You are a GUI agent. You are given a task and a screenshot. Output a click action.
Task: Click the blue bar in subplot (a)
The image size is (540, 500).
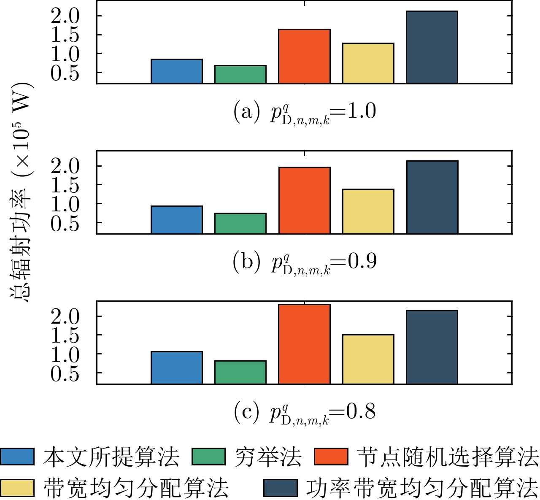tap(177, 71)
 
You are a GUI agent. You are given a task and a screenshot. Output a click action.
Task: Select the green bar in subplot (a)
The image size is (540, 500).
tap(240, 75)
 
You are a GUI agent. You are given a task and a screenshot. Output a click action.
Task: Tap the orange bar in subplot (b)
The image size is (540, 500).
tap(305, 200)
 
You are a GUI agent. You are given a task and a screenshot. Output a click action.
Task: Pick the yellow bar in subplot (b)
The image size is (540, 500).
tap(368, 211)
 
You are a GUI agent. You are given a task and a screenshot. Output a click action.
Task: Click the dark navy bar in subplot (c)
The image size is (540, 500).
tap(432, 347)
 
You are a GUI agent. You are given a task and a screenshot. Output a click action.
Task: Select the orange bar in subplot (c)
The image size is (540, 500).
tap(305, 344)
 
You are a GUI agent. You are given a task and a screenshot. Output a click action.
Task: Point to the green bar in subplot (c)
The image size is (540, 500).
tap(240, 372)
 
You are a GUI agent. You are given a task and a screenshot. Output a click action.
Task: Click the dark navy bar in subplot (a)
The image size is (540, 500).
tap(432, 47)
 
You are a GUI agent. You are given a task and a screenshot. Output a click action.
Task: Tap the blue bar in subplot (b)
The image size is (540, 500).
tap(177, 220)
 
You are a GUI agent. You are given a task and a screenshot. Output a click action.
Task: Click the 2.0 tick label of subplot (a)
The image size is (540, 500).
tap(65, 16)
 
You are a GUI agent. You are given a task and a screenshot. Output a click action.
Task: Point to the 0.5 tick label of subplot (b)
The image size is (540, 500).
tap(65, 224)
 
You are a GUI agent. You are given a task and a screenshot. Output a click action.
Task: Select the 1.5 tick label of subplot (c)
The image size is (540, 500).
tap(65, 336)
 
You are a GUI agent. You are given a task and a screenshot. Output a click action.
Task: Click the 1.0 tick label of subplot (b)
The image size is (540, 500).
tap(65, 205)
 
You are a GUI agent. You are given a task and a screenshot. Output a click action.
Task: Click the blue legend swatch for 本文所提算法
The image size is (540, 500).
tap(17, 457)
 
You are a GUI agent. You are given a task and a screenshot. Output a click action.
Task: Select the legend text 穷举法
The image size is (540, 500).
tap(268, 457)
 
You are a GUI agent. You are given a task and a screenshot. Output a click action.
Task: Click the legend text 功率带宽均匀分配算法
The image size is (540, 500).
tap(422, 488)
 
